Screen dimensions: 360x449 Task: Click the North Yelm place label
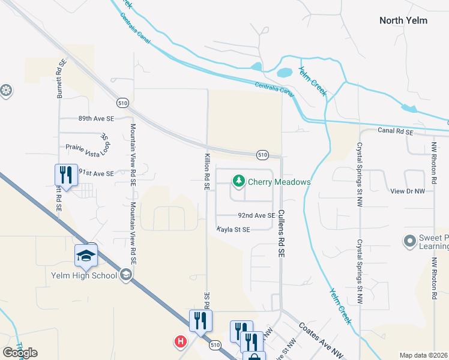pos(403,20)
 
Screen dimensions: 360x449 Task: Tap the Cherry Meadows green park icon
pos(238,181)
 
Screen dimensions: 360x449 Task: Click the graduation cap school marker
pos(86,256)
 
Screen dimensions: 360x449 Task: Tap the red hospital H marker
pos(179,342)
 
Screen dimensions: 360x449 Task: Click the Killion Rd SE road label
pos(205,171)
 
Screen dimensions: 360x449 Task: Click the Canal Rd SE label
pos(396,131)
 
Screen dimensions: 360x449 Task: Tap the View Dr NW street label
pos(407,191)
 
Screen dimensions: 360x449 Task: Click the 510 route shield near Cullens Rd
pos(262,155)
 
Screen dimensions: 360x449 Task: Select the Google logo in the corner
pos(20,352)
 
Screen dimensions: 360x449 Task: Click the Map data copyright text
pos(424,355)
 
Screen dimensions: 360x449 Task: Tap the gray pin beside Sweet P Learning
pos(409,241)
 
